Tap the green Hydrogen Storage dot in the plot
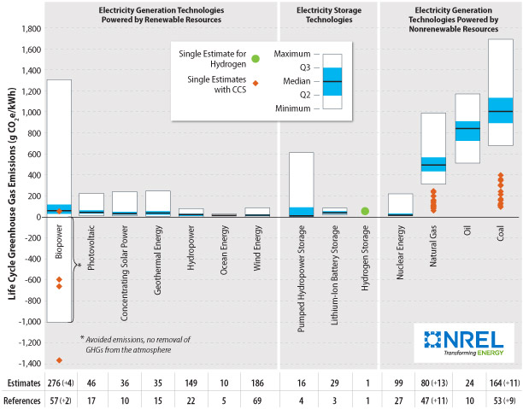point(365,211)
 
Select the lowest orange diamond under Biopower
point(59,360)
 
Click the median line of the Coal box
point(501,112)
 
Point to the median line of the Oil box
point(467,128)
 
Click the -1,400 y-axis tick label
point(30,364)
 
